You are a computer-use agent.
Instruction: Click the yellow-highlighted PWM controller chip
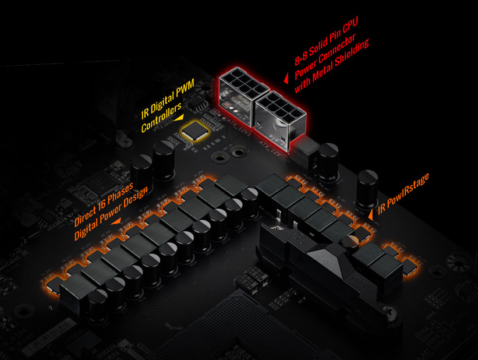195,131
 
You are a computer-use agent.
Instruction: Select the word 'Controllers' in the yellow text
161,117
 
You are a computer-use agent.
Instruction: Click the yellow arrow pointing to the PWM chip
179,118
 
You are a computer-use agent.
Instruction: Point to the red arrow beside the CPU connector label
286,79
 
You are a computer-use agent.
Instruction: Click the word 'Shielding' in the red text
352,54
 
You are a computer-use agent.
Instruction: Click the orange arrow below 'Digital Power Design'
116,221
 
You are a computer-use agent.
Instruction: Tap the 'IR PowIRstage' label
403,194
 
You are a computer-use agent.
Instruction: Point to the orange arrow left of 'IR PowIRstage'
371,214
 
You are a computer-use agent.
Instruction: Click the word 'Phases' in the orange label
121,195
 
